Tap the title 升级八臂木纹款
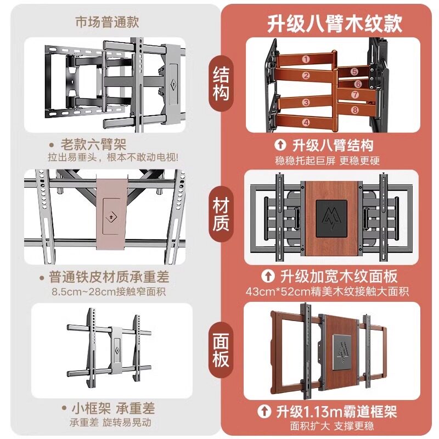click(335, 24)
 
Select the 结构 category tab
click(220, 83)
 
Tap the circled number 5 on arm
click(354, 72)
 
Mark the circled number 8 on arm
click(355, 110)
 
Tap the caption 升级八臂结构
click(333, 145)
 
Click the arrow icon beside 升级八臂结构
click(280, 146)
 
